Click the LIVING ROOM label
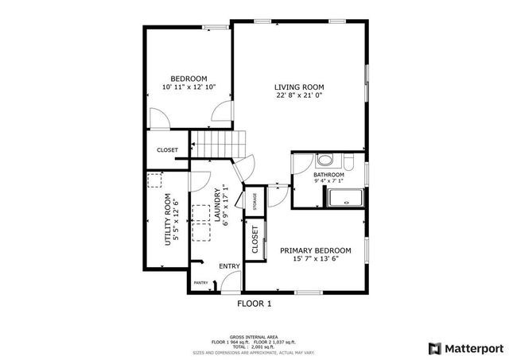point(299,87)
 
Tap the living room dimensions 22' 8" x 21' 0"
point(299,95)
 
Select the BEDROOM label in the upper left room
point(188,78)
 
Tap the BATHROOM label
point(328,174)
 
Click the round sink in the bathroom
point(326,160)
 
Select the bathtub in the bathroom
point(346,198)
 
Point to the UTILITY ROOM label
point(168,219)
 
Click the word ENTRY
point(229,266)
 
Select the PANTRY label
point(200,281)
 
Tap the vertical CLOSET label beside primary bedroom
point(255,241)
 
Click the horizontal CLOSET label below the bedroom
point(167,149)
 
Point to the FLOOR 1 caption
point(254,304)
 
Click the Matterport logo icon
point(433,348)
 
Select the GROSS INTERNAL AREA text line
point(254,337)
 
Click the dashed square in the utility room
point(156,181)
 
